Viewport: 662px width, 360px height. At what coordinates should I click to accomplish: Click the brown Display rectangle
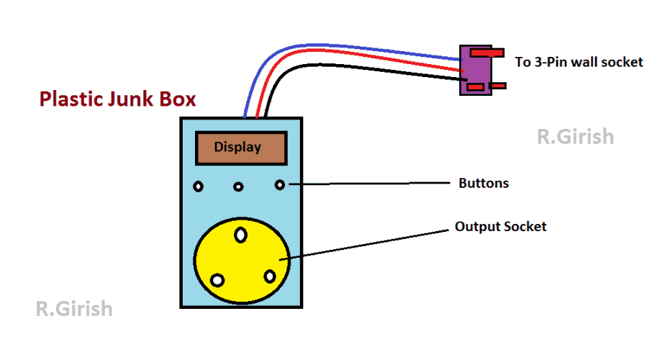[x=239, y=148]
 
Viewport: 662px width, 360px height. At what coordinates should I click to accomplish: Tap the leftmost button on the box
[x=199, y=187]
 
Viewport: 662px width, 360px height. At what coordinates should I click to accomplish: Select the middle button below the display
[x=238, y=187]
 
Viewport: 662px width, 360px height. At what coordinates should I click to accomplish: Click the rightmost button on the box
[x=280, y=185]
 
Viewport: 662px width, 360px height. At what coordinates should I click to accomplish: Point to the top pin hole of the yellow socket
[x=240, y=234]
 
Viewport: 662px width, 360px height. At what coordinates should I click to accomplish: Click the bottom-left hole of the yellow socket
[x=216, y=280]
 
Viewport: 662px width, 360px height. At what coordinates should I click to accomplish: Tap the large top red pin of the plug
[x=487, y=53]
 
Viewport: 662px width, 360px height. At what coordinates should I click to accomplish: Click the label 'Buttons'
[x=484, y=183]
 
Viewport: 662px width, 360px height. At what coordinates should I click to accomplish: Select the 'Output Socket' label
[x=500, y=227]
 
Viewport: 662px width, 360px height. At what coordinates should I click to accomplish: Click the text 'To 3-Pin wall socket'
[x=579, y=62]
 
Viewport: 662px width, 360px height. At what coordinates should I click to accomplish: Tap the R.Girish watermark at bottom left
[x=74, y=309]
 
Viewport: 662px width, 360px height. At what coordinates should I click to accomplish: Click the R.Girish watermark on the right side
[x=576, y=136]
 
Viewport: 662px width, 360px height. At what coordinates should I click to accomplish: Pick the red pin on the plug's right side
[x=498, y=86]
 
